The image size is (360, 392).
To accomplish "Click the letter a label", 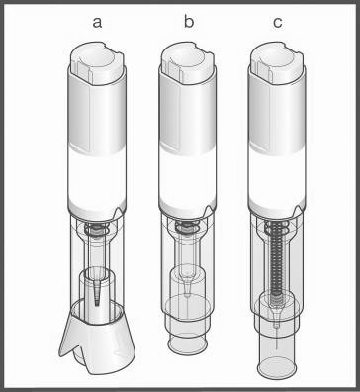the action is tap(97, 23).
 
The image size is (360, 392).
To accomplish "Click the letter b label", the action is tap(189, 21).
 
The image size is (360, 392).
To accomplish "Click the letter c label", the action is tap(278, 23).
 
